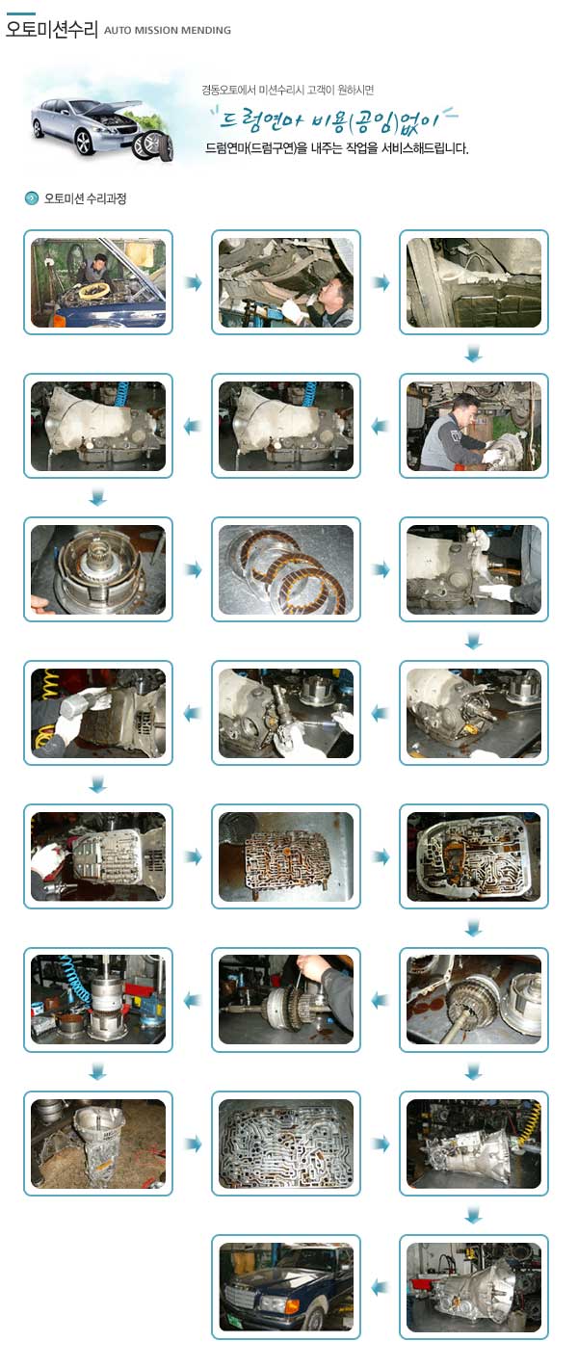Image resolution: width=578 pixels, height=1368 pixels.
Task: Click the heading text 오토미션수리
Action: (x=51, y=29)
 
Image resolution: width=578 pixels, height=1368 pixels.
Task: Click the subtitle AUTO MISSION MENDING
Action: (x=168, y=30)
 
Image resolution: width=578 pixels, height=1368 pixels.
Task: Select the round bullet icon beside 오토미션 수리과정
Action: (x=31, y=198)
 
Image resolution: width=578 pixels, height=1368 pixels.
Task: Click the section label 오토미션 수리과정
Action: (x=85, y=198)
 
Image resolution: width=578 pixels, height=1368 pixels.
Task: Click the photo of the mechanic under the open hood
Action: (x=98, y=282)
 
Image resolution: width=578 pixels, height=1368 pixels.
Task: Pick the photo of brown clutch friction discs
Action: (x=286, y=569)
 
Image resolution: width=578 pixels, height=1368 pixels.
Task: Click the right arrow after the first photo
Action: (x=193, y=283)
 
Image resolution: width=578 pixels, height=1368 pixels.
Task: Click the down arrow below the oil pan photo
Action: (x=474, y=354)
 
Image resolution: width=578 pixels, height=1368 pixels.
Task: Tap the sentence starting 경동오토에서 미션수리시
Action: (x=288, y=91)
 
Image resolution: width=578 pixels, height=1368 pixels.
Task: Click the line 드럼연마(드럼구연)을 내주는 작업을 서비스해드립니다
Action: (x=336, y=148)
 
